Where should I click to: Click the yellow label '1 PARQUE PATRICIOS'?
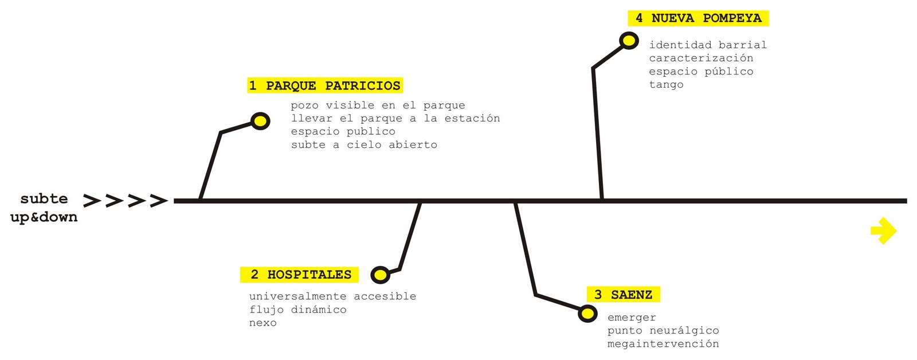tap(325, 85)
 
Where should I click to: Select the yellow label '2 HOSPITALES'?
tap(300, 275)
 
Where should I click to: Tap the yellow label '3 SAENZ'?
tap(624, 295)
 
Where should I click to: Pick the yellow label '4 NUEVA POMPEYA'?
tap(698, 18)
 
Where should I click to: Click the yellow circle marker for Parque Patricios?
tap(260, 121)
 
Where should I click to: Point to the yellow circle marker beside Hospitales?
tap(380, 275)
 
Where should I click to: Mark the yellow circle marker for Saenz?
tap(587, 314)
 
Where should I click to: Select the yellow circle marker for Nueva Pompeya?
tap(629, 41)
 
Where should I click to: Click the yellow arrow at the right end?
tap(883, 230)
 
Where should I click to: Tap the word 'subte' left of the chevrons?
tap(44, 199)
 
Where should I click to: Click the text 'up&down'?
tap(44, 217)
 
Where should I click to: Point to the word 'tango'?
tap(666, 85)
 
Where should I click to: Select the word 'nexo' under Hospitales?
tap(263, 323)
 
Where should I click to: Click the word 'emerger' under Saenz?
tap(632, 318)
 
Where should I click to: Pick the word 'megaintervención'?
tap(663, 344)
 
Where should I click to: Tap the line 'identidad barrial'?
tap(708, 45)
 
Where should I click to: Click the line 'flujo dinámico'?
tap(298, 310)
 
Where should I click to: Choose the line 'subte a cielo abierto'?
tap(364, 144)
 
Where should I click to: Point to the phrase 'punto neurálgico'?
tap(663, 331)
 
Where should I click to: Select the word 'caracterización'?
tap(701, 58)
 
